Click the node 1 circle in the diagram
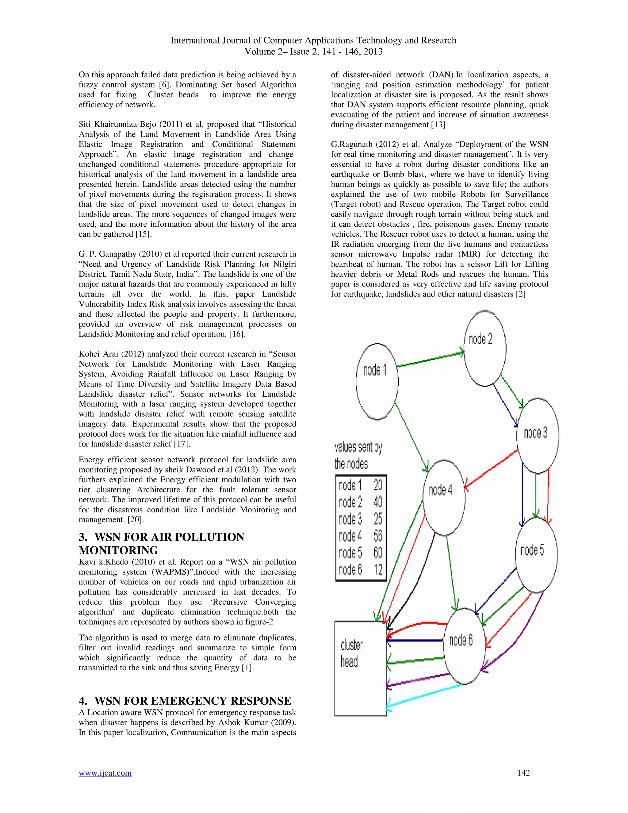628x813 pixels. coord(377,382)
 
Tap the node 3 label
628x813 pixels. coord(535,433)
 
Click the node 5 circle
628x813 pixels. coord(536,554)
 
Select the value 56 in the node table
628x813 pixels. coord(377,536)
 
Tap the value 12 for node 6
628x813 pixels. coord(377,569)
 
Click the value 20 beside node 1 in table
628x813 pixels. coord(377,485)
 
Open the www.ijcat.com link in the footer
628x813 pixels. coord(105,773)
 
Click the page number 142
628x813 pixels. coord(523,773)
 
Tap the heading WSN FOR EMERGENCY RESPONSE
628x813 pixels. coord(192,701)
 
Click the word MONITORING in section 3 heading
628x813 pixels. coord(118,550)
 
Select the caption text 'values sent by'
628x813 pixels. coord(358,447)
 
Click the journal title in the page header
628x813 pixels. coord(313,40)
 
